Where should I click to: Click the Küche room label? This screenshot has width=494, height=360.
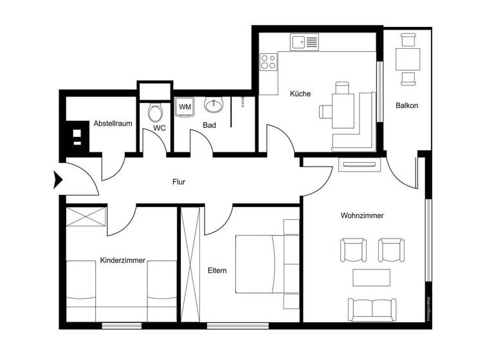(x=300, y=94)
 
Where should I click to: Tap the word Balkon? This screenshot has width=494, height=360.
(x=407, y=105)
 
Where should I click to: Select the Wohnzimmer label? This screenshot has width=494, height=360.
(x=362, y=216)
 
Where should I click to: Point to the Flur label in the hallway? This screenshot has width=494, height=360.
(x=179, y=183)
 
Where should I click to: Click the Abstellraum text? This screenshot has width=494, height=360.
(x=113, y=123)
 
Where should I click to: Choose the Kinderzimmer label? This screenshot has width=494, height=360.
(x=122, y=261)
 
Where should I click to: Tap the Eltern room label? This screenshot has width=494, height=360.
(x=217, y=271)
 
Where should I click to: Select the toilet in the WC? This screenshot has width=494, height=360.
(x=155, y=113)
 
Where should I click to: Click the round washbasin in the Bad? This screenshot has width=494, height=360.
(x=214, y=104)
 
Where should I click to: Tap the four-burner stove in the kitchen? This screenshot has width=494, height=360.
(x=268, y=62)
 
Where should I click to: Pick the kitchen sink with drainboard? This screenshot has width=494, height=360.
(x=305, y=43)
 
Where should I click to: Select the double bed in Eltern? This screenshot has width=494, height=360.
(x=260, y=264)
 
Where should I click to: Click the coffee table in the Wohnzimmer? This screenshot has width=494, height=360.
(x=371, y=278)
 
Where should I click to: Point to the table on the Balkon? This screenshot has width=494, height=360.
(x=407, y=60)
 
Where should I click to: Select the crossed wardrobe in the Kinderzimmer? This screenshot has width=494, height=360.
(x=86, y=217)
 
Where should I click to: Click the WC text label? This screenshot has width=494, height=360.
(x=160, y=128)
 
